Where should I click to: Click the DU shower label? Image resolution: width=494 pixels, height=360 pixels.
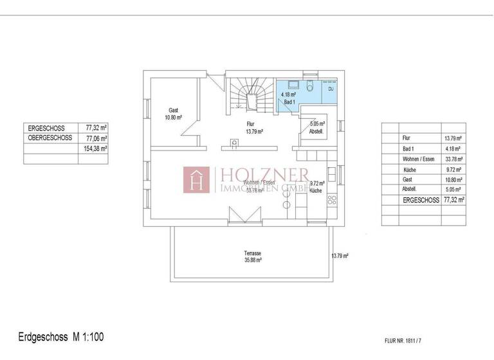coord(331,89)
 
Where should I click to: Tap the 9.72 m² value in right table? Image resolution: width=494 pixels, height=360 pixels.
coord(454,169)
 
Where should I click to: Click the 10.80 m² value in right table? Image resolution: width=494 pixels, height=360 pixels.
coord(454,179)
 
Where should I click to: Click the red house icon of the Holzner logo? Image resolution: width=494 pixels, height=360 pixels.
coord(197,180)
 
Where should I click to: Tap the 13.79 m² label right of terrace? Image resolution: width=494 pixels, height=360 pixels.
coord(340,256)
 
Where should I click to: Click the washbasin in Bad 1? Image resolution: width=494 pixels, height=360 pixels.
coord(293,85)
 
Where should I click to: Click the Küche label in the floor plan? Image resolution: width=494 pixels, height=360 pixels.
coord(315,190)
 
